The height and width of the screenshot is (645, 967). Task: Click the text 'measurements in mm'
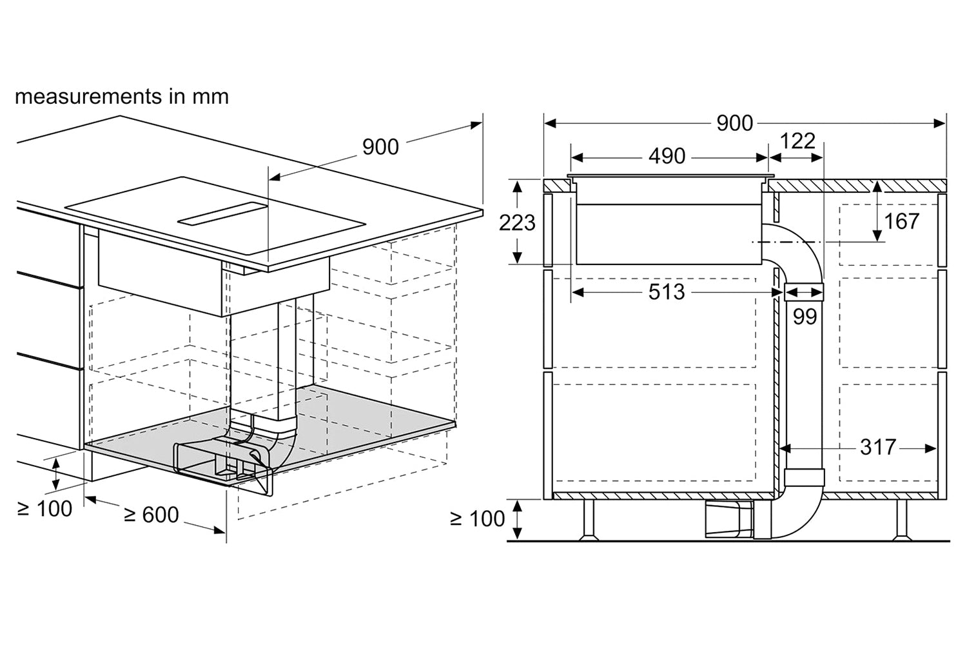[x=122, y=96]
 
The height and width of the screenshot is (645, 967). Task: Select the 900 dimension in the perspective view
[x=380, y=147]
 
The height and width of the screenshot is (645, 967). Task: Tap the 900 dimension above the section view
[x=734, y=124]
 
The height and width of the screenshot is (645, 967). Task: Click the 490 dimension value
[x=667, y=156]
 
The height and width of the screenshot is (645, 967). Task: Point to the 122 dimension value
[x=798, y=141]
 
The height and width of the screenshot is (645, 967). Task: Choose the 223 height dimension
[x=517, y=223]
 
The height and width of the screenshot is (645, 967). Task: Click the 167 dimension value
[x=901, y=221]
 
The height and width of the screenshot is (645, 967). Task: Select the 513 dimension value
[x=667, y=292]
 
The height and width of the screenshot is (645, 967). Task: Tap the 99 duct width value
[x=805, y=317]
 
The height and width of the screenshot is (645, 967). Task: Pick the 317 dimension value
[x=878, y=447]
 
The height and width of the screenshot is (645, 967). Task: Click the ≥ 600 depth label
[x=151, y=515]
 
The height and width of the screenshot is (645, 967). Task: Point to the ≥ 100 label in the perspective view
[x=44, y=508]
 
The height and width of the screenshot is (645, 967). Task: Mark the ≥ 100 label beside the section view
[x=477, y=519]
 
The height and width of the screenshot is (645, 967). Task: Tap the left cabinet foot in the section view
[x=589, y=520]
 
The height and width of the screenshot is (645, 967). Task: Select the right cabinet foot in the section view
[x=902, y=520]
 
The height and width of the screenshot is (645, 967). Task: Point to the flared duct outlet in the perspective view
[x=223, y=469]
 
